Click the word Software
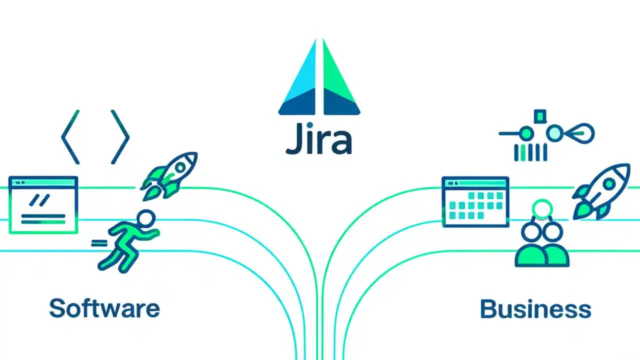104,308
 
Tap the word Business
535,308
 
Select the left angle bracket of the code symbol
70,137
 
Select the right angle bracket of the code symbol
120,137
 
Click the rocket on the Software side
170,175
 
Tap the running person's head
146,218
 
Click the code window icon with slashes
43,204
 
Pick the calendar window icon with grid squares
475,201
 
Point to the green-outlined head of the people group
543,207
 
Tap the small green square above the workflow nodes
539,116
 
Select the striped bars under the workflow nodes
530,152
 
